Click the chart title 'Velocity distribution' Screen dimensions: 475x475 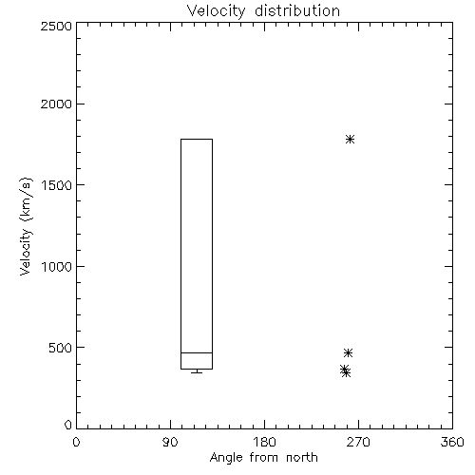tap(263, 11)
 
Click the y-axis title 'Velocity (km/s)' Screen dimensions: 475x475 tap(26, 227)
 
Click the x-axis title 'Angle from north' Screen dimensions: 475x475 tap(263, 458)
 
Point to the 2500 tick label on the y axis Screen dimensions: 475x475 tap(56, 26)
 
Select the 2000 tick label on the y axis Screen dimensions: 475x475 tap(56, 104)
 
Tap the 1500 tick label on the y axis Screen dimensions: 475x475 tap(57, 185)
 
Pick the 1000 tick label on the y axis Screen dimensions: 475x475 tap(57, 267)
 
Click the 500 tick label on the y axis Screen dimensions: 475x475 tap(61, 348)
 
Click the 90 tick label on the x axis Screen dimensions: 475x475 tap(170, 442)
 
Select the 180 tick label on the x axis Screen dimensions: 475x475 tap(264, 442)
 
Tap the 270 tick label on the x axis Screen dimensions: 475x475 tap(358, 442)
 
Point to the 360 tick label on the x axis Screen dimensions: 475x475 tap(452, 442)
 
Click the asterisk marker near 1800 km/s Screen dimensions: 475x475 tap(350, 139)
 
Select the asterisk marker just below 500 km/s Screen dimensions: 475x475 tap(348, 352)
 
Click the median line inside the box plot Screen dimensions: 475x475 tap(197, 352)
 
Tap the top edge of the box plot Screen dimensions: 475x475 tap(197, 139)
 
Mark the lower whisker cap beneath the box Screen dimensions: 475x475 tap(197, 372)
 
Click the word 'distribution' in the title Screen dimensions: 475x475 tap(297, 11)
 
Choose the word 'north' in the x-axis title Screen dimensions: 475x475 tap(302, 458)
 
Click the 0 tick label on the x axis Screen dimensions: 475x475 tap(76, 442)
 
